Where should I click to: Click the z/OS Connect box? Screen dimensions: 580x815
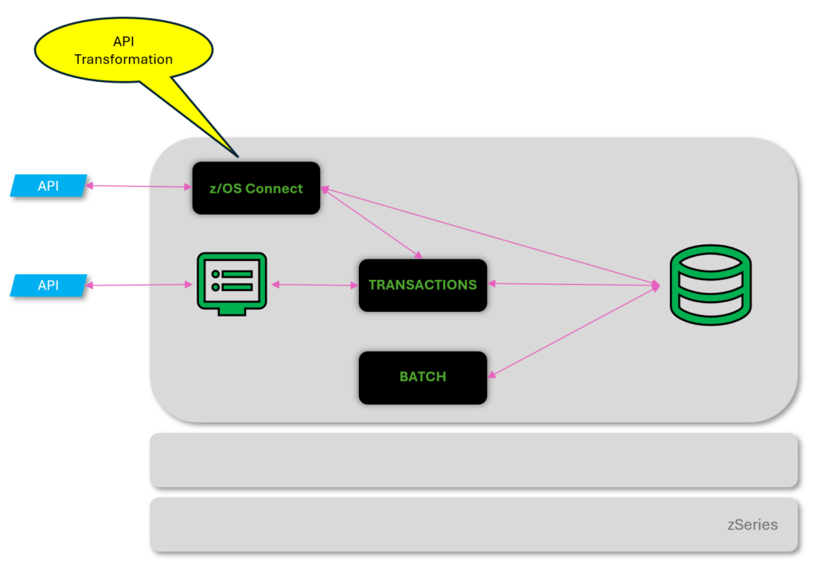tap(255, 189)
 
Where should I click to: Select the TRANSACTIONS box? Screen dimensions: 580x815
tap(422, 285)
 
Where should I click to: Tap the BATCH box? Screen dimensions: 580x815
tap(422, 377)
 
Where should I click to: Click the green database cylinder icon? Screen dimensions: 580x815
tap(710, 284)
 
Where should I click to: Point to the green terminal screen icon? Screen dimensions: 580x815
tap(231, 283)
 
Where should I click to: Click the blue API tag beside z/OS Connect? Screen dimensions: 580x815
tap(49, 186)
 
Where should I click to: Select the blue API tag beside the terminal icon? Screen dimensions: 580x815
tap(49, 285)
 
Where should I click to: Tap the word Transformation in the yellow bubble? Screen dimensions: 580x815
tap(123, 60)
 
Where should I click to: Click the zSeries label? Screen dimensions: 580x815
tap(752, 525)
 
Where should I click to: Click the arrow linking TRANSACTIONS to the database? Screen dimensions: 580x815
tap(573, 284)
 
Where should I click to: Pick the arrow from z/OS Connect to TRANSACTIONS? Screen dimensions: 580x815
tap(371, 223)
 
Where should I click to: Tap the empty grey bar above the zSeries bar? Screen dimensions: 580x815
tap(474, 460)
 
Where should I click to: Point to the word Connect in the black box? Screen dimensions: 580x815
tap(274, 189)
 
